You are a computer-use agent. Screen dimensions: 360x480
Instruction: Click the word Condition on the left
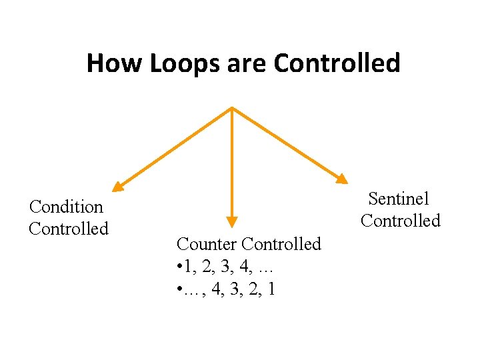pyautogui.click(x=66, y=207)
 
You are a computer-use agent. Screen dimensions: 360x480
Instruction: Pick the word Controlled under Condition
pyautogui.click(x=68, y=229)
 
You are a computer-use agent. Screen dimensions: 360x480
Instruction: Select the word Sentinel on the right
pyautogui.click(x=399, y=199)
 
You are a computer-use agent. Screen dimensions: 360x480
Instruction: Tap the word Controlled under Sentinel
pyautogui.click(x=401, y=221)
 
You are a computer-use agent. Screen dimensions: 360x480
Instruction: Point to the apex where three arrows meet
pyautogui.click(x=231, y=107)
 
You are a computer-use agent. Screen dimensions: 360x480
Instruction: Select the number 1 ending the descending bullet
pyautogui.click(x=271, y=289)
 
